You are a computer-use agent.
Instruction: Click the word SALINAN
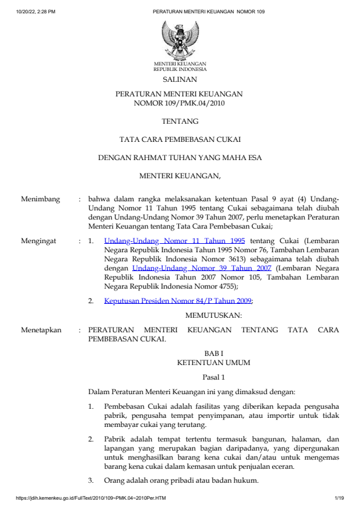point(180,79)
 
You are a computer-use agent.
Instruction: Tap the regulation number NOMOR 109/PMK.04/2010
point(179,103)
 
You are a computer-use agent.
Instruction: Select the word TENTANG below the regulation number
point(180,121)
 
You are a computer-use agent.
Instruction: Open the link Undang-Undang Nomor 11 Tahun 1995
point(175,241)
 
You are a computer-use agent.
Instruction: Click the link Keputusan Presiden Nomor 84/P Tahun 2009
point(178,300)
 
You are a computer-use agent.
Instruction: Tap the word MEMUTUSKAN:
point(213,315)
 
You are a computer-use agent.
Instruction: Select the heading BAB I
point(213,353)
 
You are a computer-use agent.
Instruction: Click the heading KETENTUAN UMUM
point(213,362)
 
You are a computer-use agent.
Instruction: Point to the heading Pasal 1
point(213,377)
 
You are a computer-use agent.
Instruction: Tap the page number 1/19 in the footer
point(339,498)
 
